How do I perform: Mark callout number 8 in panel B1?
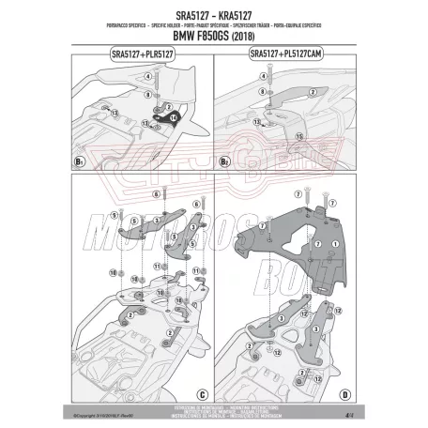(149, 95)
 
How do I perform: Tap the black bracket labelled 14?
(175, 119)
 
